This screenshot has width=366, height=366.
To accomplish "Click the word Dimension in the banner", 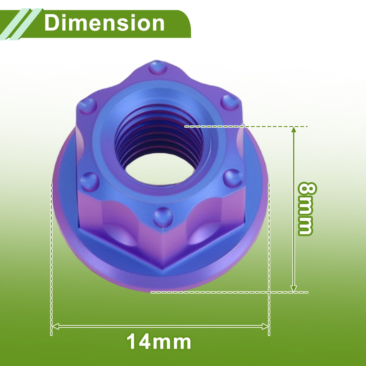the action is [x=104, y=23].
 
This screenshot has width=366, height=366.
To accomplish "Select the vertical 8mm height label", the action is [x=306, y=209].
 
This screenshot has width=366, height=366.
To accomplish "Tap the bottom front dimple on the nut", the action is [x=163, y=217].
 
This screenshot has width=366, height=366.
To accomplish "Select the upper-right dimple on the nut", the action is [x=230, y=103].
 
